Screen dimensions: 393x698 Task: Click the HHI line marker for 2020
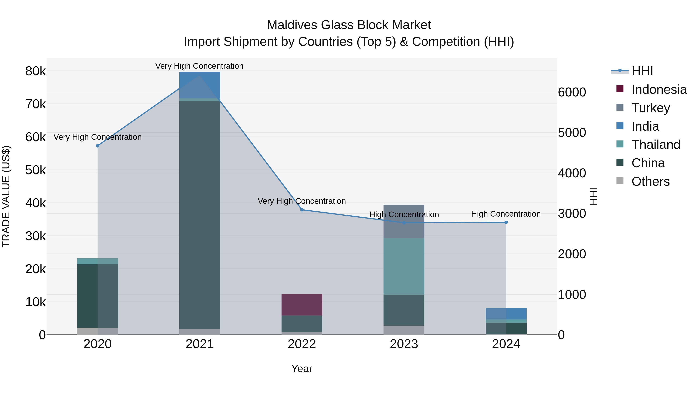coord(98,146)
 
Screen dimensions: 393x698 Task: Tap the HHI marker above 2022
coord(302,210)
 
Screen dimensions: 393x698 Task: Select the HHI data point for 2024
coord(506,222)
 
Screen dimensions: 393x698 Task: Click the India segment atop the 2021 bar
coord(200,85)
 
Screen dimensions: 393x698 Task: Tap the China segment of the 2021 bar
coord(200,214)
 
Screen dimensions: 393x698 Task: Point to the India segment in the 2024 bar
coord(506,314)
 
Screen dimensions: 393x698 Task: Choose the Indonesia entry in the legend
coord(659,89)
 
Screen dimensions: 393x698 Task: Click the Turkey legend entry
coord(650,108)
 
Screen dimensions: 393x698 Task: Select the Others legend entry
coord(650,181)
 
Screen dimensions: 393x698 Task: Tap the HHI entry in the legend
coord(642,71)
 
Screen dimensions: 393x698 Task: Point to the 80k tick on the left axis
coord(35,71)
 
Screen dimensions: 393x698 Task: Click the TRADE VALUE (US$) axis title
coord(6,196)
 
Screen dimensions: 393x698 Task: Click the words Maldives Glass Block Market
coord(349,25)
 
